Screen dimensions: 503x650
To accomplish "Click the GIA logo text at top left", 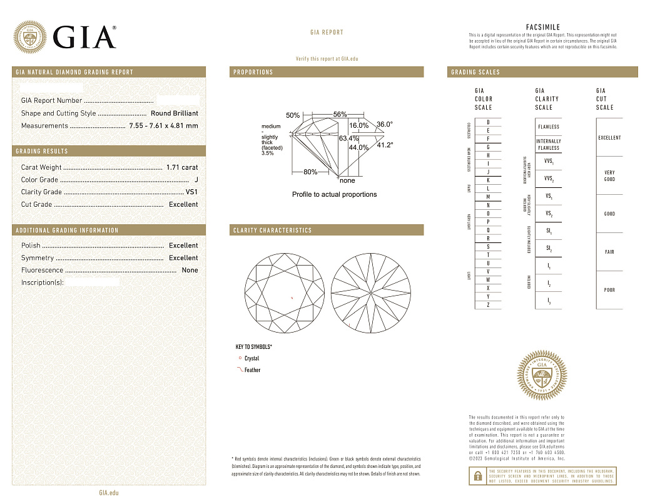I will pos(84,38).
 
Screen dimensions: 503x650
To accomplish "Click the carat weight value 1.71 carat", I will pos(181,167).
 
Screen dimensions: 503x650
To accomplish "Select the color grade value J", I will pos(196,180).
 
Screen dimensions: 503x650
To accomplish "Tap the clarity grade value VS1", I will pos(191,192).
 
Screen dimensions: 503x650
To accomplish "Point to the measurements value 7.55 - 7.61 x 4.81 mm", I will pos(163,126).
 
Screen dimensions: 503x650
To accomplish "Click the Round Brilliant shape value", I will pos(174,113).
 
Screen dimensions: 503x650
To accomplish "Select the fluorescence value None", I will pos(190,271).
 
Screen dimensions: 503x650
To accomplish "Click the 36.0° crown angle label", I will pos(384,125).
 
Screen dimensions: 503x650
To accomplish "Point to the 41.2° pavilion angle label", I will pos(384,145).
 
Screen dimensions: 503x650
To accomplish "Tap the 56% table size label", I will pos(340,115).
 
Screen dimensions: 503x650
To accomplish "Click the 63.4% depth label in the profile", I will pos(348,138).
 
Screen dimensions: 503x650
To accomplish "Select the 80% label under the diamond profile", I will pos(310,172).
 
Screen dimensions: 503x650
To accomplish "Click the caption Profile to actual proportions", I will pos(334,194).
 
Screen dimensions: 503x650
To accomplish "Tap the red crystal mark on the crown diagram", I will pos(293,298).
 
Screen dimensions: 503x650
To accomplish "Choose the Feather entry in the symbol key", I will pos(252,370).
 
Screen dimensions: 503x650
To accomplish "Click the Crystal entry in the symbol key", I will pos(251,359).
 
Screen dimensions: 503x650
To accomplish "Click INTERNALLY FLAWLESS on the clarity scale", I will pos(548,145).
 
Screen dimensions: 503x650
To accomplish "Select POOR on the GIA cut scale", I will pos(609,290).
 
